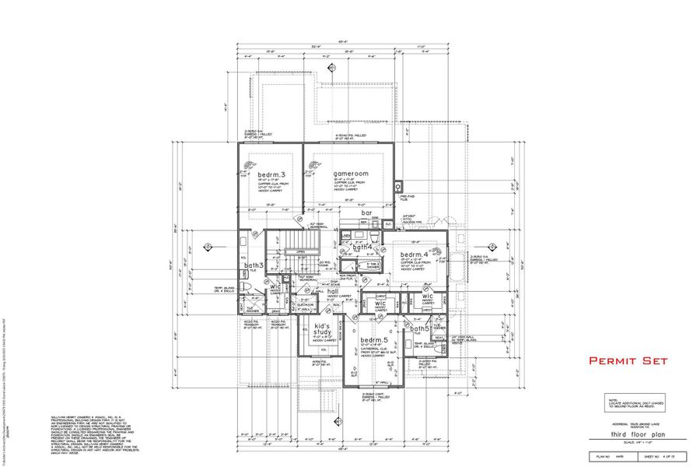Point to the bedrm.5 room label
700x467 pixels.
point(373,341)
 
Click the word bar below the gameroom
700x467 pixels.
point(366,212)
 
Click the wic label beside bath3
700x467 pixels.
point(275,286)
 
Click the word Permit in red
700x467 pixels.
point(611,361)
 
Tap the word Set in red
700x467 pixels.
point(656,361)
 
